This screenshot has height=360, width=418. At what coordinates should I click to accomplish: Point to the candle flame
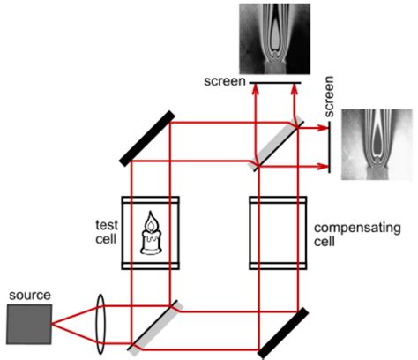[x=152, y=220]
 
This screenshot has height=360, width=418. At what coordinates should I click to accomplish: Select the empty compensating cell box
[x=278, y=231]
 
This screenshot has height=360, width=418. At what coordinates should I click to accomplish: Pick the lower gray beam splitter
[x=155, y=324]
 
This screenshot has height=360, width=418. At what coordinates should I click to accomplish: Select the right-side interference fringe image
[x=374, y=146]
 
